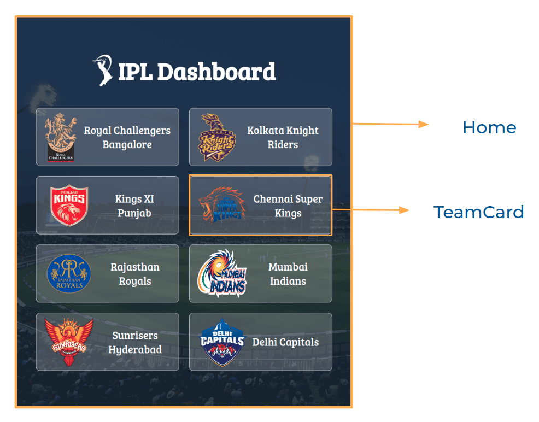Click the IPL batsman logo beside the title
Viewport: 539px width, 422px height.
[x=102, y=70]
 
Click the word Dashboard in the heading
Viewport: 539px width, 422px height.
[x=216, y=72]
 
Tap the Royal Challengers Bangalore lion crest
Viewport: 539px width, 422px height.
[x=61, y=137]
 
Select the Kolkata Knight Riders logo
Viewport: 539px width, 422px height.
[x=216, y=137]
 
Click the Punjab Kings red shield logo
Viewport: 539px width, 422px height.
[x=69, y=205]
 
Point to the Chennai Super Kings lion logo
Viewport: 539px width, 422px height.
[x=222, y=204]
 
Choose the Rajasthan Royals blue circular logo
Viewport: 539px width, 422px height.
[x=69, y=273]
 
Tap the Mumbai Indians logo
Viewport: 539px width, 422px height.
[x=222, y=273]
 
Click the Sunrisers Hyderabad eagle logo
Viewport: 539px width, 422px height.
[x=69, y=342]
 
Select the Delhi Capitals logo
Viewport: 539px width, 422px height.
[x=222, y=342]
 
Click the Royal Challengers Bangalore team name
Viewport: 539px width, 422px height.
[x=127, y=137]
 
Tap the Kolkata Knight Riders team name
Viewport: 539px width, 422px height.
[x=283, y=137]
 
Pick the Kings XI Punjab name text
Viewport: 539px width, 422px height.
[x=134, y=206]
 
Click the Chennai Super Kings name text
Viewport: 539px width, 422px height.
[x=288, y=206]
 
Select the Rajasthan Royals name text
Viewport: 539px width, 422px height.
[x=135, y=274]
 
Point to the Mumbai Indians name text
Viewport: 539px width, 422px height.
[x=288, y=274]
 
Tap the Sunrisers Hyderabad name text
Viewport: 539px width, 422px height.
[x=135, y=342]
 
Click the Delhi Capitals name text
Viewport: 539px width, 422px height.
[x=286, y=342]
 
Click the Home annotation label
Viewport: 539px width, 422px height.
[x=489, y=127]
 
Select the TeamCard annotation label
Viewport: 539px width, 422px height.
[x=478, y=212]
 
